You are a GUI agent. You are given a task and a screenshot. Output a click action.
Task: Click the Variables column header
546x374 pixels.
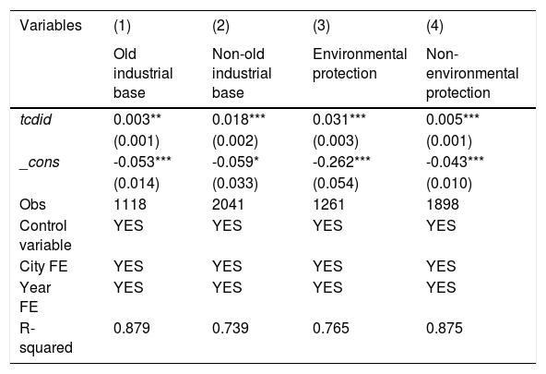click(x=51, y=26)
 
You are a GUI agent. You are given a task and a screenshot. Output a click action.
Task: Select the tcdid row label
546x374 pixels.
click(x=36, y=119)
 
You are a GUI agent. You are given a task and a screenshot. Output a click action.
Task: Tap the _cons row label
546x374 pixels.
click(x=40, y=163)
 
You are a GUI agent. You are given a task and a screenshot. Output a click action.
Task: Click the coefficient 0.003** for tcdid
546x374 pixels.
click(x=137, y=119)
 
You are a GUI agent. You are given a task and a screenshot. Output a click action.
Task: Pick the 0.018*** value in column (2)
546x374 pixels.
click(x=239, y=119)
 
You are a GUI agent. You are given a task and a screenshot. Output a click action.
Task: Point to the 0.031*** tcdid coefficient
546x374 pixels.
click(x=339, y=119)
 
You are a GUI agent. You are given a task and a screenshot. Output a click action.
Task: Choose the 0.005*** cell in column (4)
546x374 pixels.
click(x=453, y=119)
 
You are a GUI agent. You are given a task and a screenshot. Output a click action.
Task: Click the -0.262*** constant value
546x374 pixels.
click(x=341, y=163)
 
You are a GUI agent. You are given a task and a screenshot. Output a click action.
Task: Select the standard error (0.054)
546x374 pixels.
click(x=336, y=184)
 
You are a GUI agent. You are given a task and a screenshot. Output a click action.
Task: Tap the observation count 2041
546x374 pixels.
click(x=228, y=205)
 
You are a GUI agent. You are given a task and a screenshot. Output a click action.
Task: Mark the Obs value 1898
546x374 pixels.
click(x=442, y=205)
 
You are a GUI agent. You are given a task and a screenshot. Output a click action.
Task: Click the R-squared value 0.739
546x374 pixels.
click(x=231, y=329)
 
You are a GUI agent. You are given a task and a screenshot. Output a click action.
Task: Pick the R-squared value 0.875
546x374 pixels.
click(x=445, y=329)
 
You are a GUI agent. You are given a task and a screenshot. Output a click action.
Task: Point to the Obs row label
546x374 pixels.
click(x=32, y=205)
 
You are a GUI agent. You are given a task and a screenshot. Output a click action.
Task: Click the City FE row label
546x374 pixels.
click(x=43, y=267)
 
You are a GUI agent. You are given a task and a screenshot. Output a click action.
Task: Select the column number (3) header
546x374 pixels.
click(x=321, y=26)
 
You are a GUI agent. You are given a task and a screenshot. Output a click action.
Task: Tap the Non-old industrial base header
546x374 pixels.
click(x=242, y=73)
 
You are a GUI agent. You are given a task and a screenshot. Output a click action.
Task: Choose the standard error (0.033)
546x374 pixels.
click(x=235, y=184)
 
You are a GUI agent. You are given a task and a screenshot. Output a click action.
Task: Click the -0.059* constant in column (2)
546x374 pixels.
click(x=236, y=163)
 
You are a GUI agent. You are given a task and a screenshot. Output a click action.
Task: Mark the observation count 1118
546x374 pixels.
click(x=130, y=205)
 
